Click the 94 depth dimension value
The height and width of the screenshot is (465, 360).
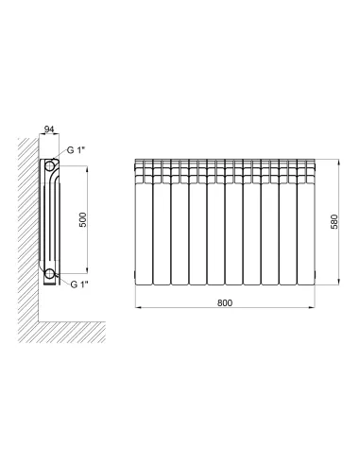click(x=49, y=129)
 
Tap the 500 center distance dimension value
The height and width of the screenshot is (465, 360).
click(x=82, y=219)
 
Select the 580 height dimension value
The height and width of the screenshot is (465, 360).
click(x=334, y=221)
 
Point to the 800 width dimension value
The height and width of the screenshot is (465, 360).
click(x=225, y=302)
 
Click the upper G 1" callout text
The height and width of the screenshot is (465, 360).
click(x=77, y=150)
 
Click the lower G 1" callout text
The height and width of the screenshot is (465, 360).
click(x=79, y=284)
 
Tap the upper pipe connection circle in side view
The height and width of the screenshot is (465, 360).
click(x=49, y=165)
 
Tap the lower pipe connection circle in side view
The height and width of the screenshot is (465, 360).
click(x=49, y=274)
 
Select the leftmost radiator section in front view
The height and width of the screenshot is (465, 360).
click(x=144, y=222)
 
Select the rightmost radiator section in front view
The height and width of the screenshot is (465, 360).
click(x=306, y=222)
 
